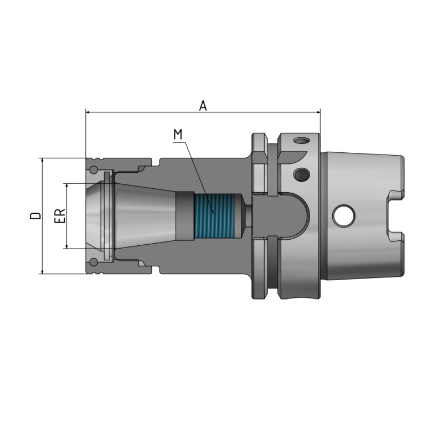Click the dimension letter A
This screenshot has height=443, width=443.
[203, 105]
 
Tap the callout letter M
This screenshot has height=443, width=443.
[177, 134]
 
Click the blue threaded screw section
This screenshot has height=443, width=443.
[213, 215]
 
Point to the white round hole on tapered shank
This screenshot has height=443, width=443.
[344, 216]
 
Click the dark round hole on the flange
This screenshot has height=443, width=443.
[301, 175]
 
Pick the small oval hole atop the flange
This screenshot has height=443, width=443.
[301, 141]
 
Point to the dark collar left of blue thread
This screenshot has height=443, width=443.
[184, 215]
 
